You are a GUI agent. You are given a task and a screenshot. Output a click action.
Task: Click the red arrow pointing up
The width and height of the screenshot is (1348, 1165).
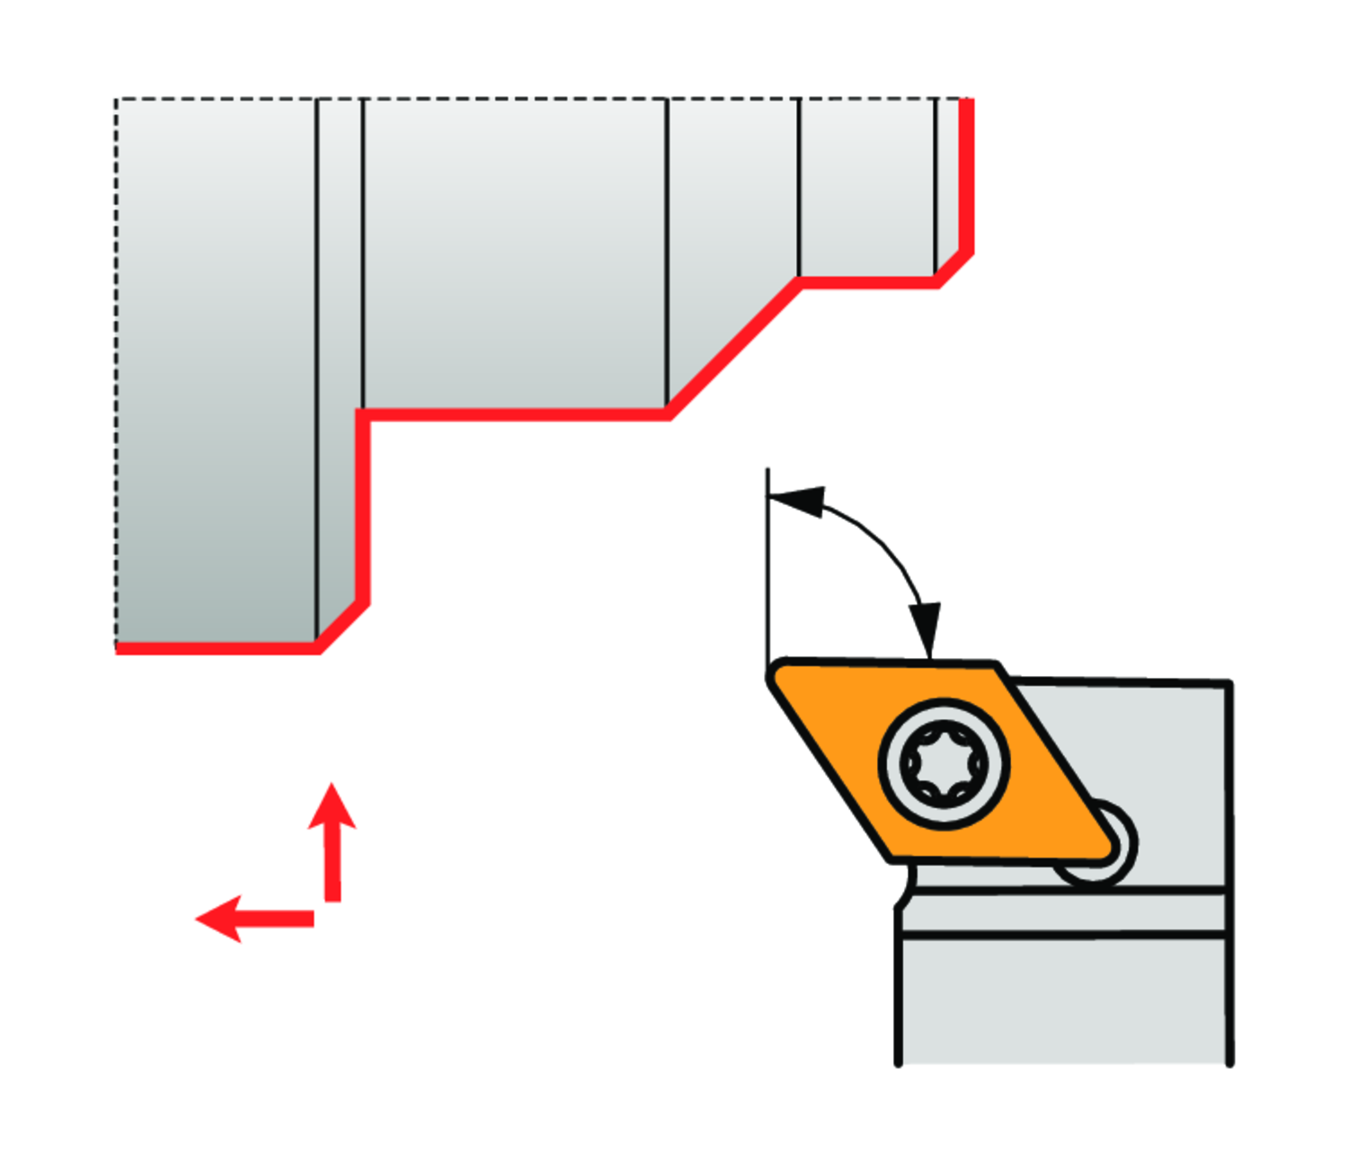[333, 840]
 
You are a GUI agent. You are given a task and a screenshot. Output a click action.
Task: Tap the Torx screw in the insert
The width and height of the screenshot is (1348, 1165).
[944, 764]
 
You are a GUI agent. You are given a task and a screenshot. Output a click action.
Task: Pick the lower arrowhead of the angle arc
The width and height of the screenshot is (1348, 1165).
[926, 629]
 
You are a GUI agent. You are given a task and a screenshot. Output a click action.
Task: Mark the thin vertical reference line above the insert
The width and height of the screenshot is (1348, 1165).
[767, 566]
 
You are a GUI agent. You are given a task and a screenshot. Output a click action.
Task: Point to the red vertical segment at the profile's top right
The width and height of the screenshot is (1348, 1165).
[967, 175]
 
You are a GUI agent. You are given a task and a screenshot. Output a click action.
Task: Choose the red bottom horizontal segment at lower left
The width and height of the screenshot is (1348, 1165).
[216, 647]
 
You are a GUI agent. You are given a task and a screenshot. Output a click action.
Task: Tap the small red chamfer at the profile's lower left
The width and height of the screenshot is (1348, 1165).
[342, 626]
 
